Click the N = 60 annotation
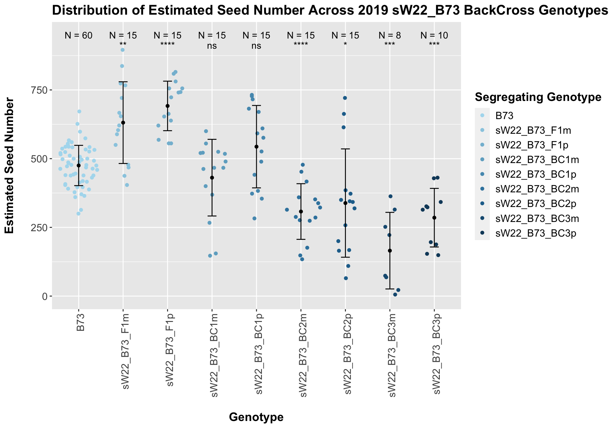78,36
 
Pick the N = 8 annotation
390,36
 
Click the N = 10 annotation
434,36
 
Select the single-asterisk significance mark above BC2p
345,45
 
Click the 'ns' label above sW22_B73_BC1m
212,46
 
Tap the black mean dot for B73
79,166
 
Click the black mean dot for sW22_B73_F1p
168,106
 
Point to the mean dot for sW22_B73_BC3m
390,251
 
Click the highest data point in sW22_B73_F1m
123,50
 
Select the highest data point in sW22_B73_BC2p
345,98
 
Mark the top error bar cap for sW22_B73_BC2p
345,149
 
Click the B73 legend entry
504,116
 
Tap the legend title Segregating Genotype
538,97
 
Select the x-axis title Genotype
256,417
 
